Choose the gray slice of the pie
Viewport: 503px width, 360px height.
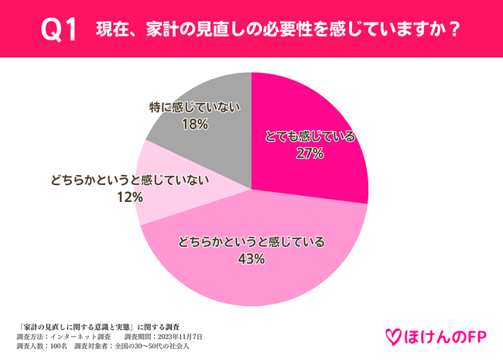click(209, 132)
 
